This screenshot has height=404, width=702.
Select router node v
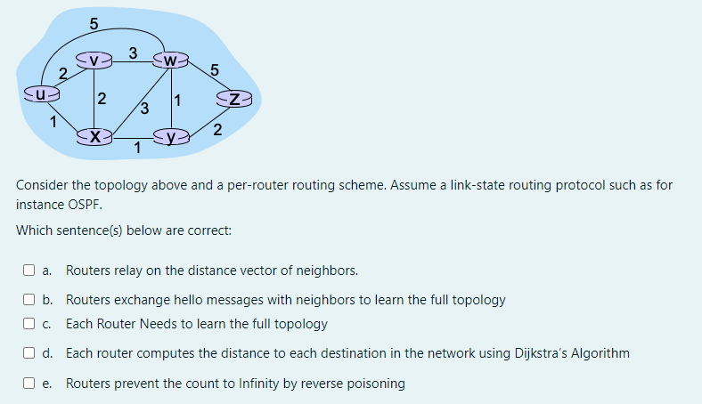(x=94, y=61)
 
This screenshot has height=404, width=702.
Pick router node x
(x=94, y=137)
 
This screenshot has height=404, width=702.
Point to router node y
(x=170, y=137)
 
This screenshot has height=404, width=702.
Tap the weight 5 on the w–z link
(x=214, y=69)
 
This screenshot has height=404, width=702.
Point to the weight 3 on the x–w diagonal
(x=144, y=109)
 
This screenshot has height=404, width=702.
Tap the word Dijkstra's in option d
(x=543, y=353)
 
